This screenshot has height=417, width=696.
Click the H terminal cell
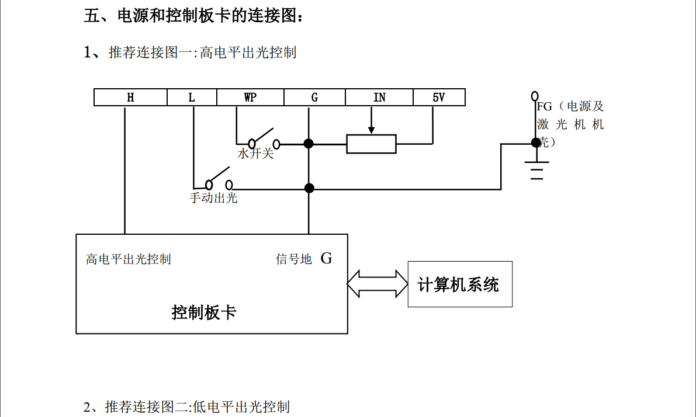pyautogui.click(x=130, y=98)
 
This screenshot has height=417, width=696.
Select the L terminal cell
pyautogui.click(x=192, y=98)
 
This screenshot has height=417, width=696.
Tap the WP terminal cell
pyautogui.click(x=250, y=98)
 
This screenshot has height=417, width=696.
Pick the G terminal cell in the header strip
pyautogui.click(x=314, y=98)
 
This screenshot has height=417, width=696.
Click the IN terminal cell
pyautogui.click(x=379, y=98)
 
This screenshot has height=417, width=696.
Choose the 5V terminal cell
pyautogui.click(x=439, y=98)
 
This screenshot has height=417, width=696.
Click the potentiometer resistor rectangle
pyautogui.click(x=371, y=144)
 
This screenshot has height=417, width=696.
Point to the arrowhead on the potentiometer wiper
pyautogui.click(x=371, y=130)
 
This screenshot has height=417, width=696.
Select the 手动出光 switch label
pyautogui.click(x=213, y=198)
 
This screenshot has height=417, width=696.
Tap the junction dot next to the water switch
pyautogui.click(x=309, y=144)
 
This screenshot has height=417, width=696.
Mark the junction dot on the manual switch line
pyautogui.click(x=310, y=188)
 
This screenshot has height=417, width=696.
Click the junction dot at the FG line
pyautogui.click(x=535, y=143)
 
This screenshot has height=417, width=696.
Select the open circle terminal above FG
pyautogui.click(x=534, y=95)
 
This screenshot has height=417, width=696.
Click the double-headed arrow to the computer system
pyautogui.click(x=378, y=284)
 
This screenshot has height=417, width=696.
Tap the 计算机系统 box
pyautogui.click(x=459, y=284)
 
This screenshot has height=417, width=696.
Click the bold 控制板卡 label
pyautogui.click(x=204, y=312)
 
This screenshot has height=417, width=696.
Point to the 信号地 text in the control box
pyautogui.click(x=294, y=259)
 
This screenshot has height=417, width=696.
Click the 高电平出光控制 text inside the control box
pyautogui.click(x=129, y=259)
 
